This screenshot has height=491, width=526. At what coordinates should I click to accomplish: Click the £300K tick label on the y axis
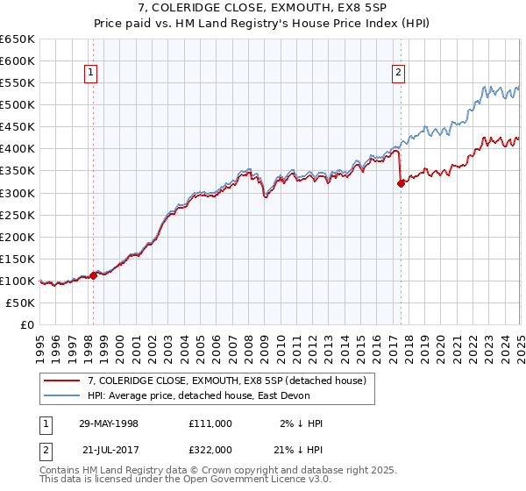(x=17, y=193)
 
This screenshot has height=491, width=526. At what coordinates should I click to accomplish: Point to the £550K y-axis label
(x=17, y=83)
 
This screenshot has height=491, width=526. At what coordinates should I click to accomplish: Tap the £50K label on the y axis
(x=20, y=302)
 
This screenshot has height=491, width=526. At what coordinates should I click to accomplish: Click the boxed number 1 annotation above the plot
(x=91, y=74)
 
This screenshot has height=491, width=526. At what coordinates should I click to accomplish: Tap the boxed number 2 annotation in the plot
(x=399, y=74)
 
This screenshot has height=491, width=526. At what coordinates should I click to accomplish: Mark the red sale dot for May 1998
(x=93, y=275)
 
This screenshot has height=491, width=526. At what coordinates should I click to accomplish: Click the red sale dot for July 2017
(x=402, y=183)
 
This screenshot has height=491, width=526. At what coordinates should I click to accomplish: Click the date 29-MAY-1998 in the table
(x=109, y=423)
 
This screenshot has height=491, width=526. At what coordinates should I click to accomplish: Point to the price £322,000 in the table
(x=210, y=448)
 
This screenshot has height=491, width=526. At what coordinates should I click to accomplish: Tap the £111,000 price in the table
(x=210, y=423)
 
